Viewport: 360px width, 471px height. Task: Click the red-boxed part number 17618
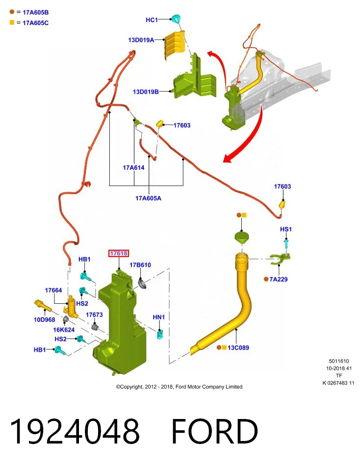coord(119,253)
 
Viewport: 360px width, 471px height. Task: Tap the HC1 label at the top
coord(152,20)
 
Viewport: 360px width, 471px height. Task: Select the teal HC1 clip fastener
coord(176,18)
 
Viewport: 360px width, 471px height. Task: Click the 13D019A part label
coord(141,40)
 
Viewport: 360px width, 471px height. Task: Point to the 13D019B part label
coord(146,92)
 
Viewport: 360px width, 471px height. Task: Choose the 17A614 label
coord(133,168)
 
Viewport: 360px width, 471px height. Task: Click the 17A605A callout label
coord(148,198)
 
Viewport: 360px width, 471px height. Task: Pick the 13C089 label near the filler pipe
coord(238,347)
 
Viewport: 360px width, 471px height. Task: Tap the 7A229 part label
coord(278,279)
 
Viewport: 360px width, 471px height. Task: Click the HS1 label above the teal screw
coord(286,229)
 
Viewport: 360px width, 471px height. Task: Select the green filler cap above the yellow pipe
coord(242,237)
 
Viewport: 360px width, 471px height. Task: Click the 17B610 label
coord(140,264)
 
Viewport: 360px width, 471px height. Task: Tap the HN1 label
coord(158,317)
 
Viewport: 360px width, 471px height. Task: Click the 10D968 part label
coord(45,319)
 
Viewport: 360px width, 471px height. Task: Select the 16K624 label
coord(64,330)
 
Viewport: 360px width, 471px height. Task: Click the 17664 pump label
coord(53,290)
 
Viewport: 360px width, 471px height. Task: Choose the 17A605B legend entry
coord(29,12)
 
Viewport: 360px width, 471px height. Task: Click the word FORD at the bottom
coord(214,431)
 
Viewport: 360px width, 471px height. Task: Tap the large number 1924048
coord(75,431)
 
